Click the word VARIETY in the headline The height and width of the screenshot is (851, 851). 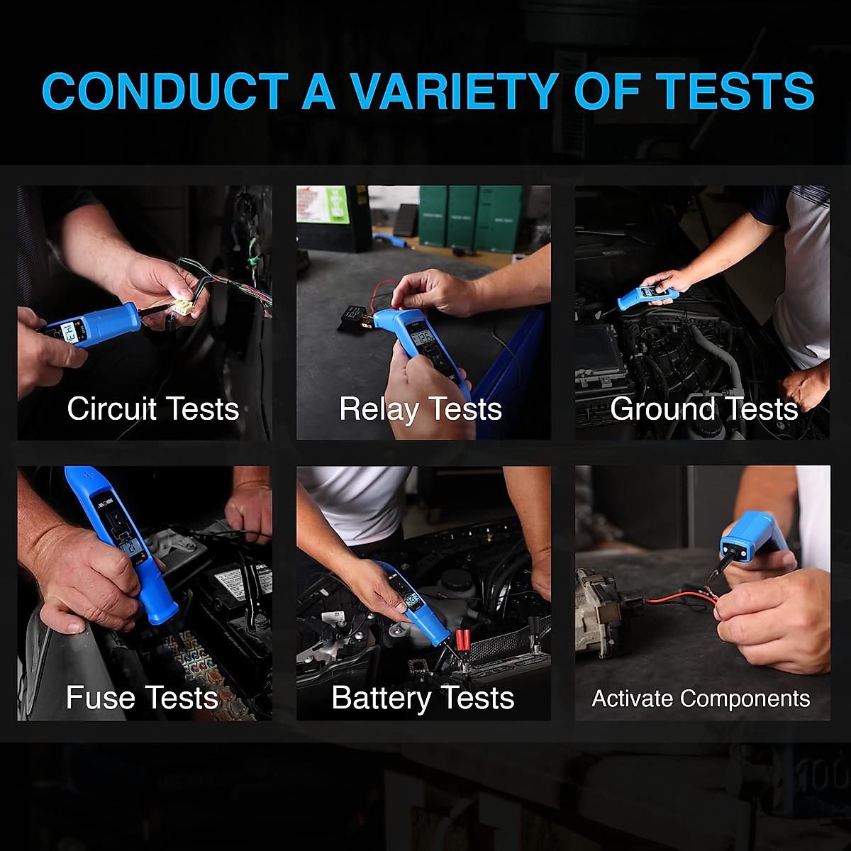(x=454, y=92)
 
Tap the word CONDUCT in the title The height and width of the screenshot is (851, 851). (x=165, y=92)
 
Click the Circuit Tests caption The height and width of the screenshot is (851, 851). (x=153, y=409)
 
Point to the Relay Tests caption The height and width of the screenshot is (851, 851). (x=421, y=409)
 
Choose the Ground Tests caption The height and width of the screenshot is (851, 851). (x=703, y=409)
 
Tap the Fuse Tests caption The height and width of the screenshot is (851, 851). (x=142, y=698)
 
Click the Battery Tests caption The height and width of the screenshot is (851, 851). (x=423, y=698)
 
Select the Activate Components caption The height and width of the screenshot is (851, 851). (x=701, y=699)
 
